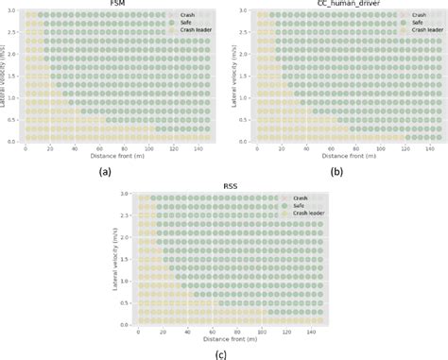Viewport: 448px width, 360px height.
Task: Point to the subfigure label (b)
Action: coord(336,171)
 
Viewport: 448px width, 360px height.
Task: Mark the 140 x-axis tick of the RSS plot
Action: coord(317,330)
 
